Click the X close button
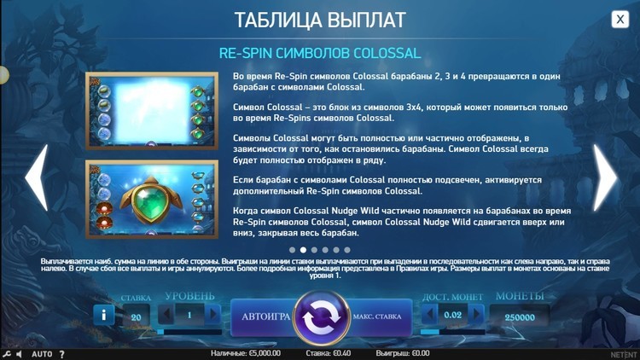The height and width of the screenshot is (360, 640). click(x=620, y=19)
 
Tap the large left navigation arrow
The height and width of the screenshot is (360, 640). click(x=37, y=177)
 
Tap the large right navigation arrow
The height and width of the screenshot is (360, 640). click(x=604, y=177)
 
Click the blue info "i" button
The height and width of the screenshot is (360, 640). click(x=103, y=315)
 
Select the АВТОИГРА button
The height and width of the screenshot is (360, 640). click(x=265, y=316)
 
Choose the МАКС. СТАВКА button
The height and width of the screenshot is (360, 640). click(x=378, y=316)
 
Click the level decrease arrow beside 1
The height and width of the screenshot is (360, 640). click(x=166, y=315)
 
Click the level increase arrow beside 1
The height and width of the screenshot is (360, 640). click(x=212, y=315)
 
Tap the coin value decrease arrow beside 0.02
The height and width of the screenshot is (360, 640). click(x=429, y=315)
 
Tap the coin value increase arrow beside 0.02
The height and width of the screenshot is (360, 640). click(x=476, y=315)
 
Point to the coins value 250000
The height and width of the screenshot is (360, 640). click(x=520, y=317)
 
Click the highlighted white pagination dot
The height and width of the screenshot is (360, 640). click(x=303, y=250)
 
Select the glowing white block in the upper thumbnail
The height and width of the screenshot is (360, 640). click(x=151, y=110)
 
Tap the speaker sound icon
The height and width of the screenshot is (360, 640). click(x=19, y=354)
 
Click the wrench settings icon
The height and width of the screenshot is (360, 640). click(x=6, y=354)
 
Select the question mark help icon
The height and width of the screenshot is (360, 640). click(x=61, y=354)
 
